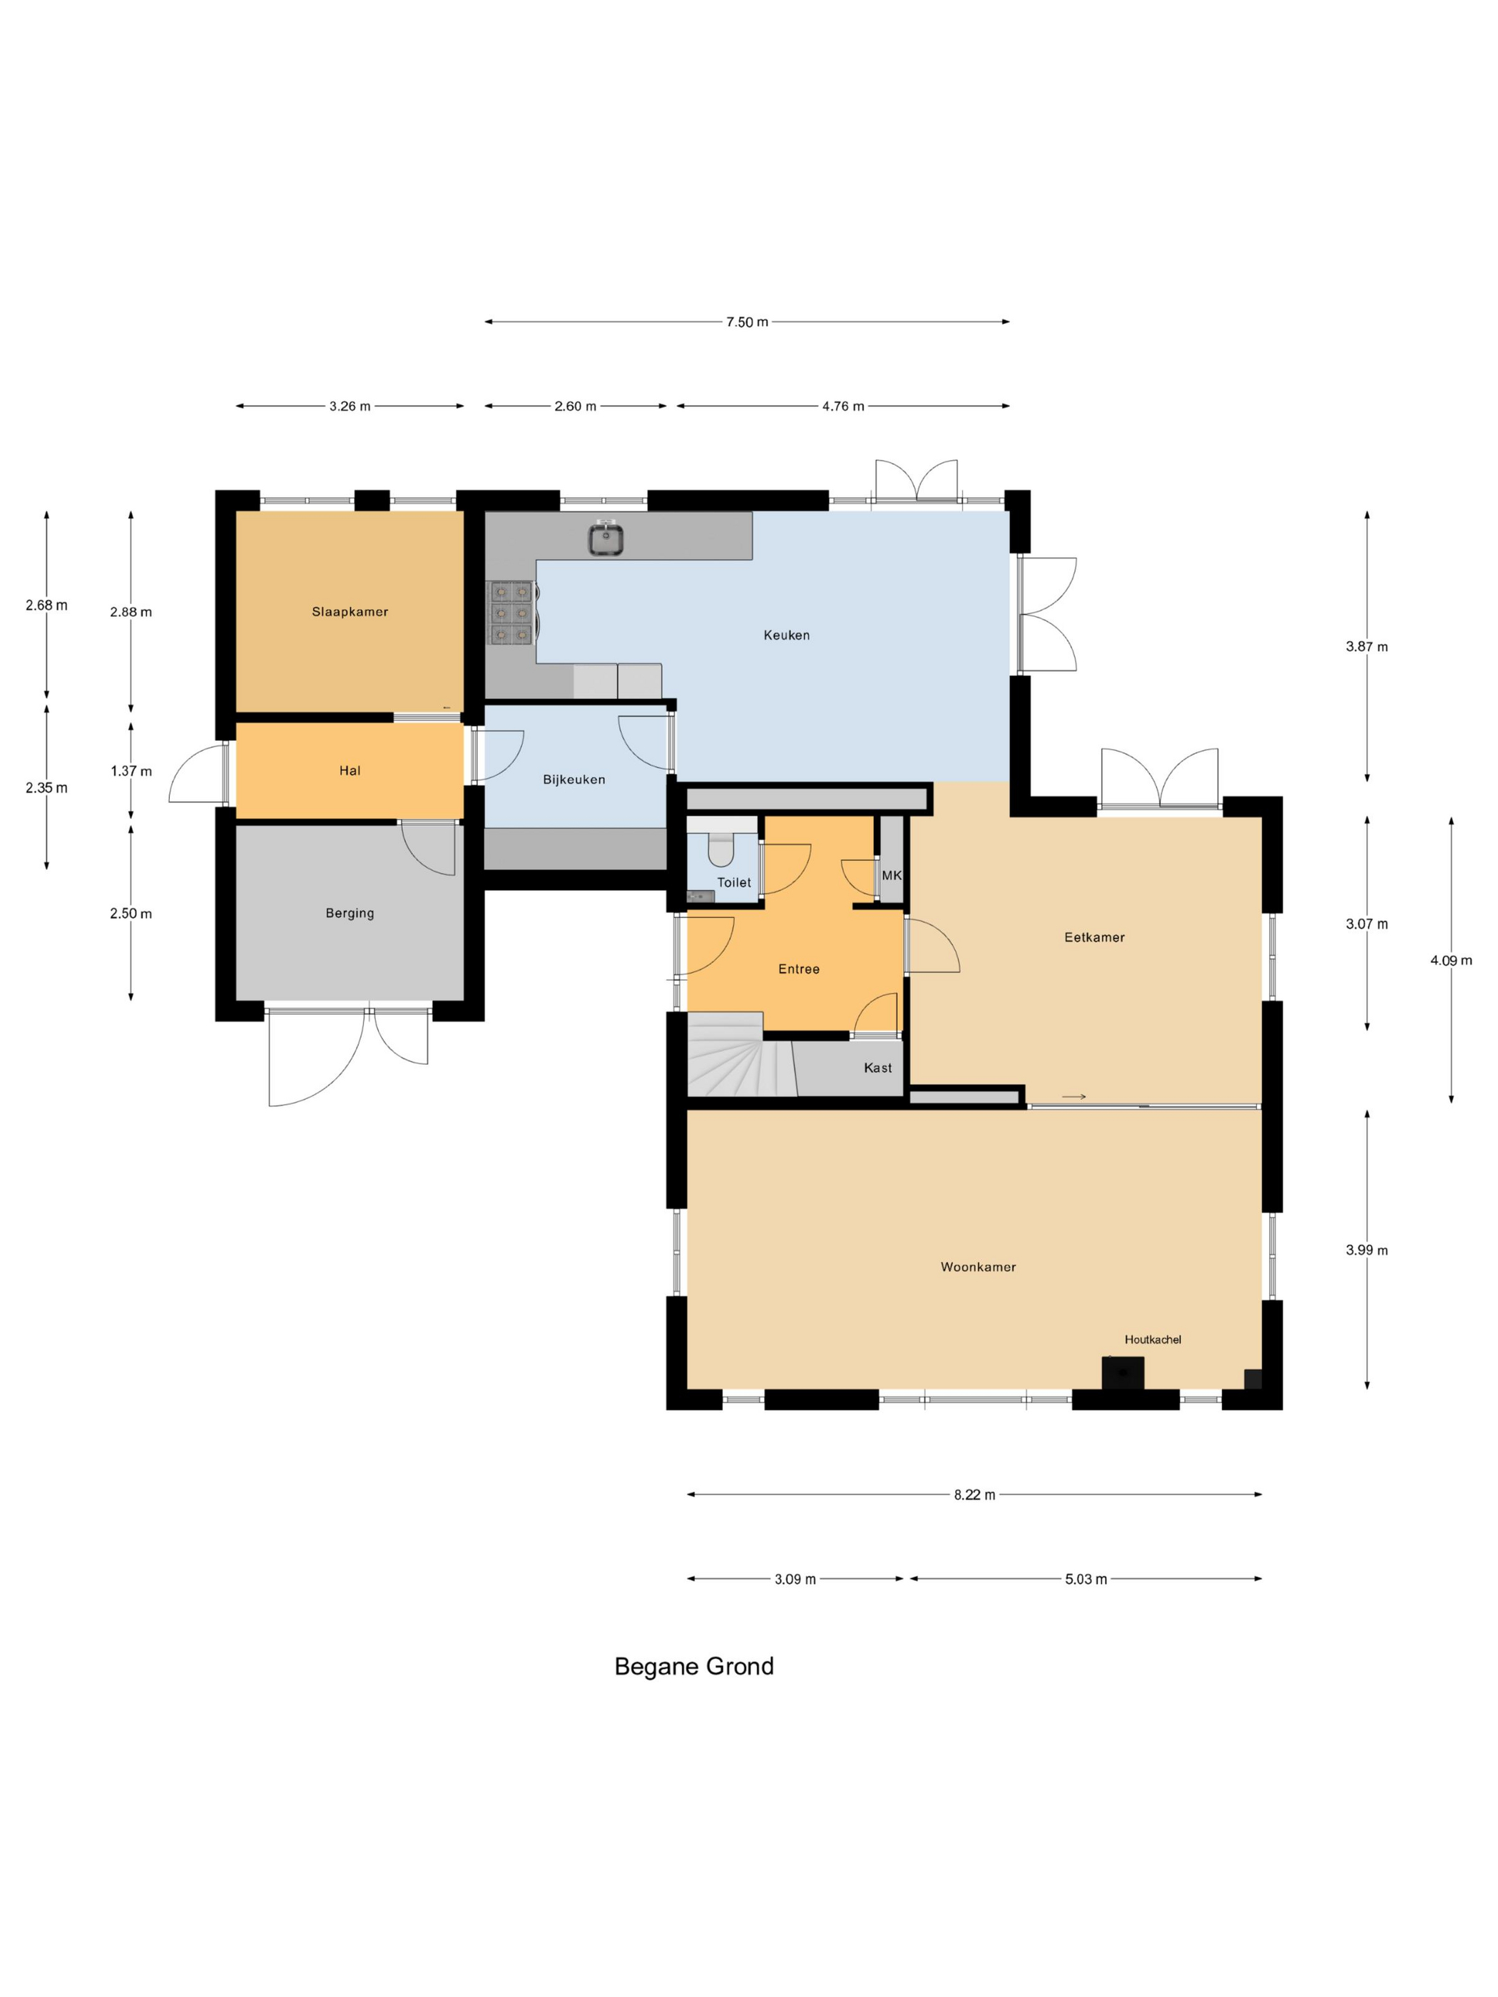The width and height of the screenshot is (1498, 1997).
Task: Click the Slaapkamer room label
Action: click(350, 612)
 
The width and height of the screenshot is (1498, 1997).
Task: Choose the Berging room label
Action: click(350, 914)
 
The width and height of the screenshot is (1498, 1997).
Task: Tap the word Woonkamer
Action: click(978, 1267)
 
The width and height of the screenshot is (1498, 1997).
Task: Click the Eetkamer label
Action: click(1094, 938)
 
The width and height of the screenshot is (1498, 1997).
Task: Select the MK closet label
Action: click(891, 876)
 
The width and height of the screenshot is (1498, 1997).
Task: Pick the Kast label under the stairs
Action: click(877, 1068)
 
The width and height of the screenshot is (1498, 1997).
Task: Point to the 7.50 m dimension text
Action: click(747, 322)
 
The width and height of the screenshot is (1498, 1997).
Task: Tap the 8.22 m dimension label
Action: click(974, 1495)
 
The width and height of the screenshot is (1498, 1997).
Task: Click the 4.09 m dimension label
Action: click(1451, 961)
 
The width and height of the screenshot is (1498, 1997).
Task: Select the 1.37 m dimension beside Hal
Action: click(131, 771)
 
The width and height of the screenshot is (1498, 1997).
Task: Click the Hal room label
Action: click(350, 771)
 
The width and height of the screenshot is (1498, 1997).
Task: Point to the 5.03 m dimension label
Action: click(1086, 1579)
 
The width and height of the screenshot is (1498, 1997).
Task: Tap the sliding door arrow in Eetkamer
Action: click(1074, 1097)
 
